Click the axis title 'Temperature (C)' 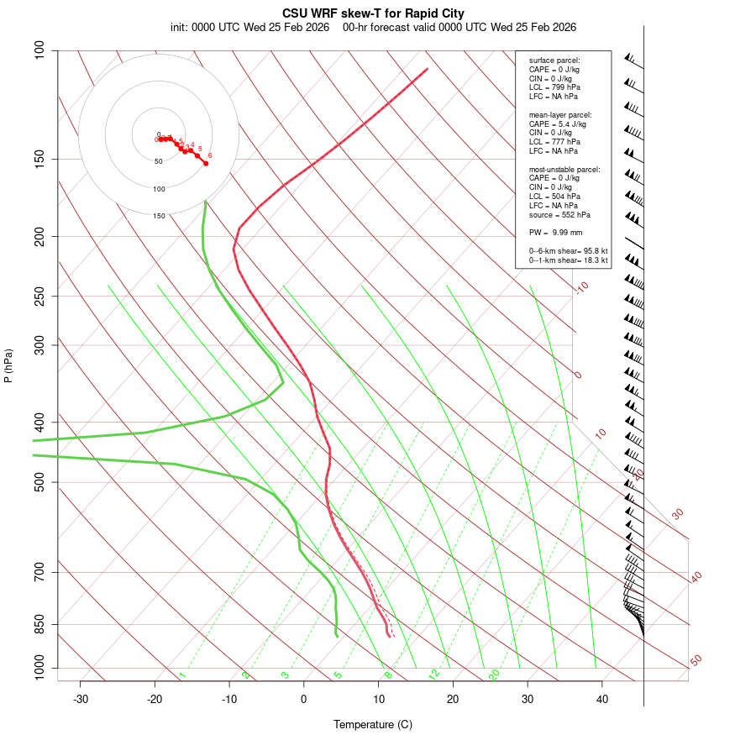point(373,724)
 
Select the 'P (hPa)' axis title point(8,365)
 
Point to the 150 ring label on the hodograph point(159,216)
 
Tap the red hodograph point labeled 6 point(205,163)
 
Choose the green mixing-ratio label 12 point(434,674)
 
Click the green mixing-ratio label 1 point(182,675)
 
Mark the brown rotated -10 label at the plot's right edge point(580,287)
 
